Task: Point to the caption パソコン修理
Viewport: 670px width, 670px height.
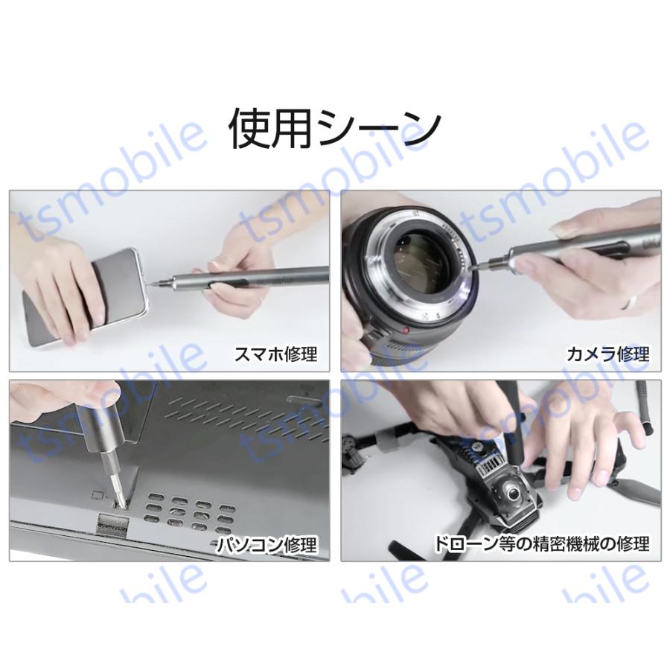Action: pyautogui.click(x=267, y=544)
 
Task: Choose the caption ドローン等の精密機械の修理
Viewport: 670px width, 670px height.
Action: pyautogui.click(x=543, y=544)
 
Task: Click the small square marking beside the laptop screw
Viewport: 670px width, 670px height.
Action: pyautogui.click(x=95, y=494)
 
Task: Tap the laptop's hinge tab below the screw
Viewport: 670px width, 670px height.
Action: pyautogui.click(x=112, y=524)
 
